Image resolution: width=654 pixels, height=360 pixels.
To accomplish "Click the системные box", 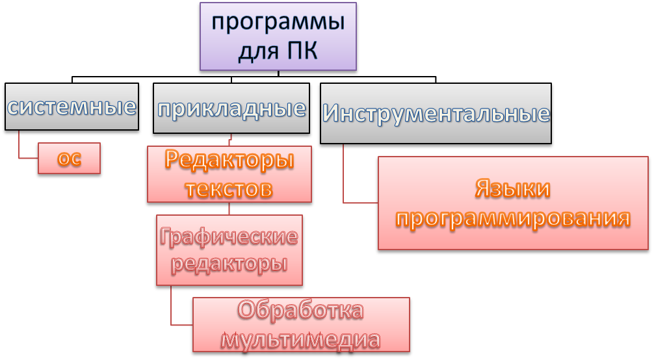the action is tap(72, 107).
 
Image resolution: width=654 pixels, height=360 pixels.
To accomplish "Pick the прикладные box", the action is tap(231, 108).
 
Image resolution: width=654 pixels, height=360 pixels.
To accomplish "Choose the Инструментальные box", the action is tap(436, 114).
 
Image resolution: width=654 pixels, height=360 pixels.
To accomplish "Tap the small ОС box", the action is tap(69, 159).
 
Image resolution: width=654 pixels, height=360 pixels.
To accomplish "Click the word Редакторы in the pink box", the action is tap(229, 160).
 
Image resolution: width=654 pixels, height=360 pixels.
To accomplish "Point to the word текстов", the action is tap(229, 188).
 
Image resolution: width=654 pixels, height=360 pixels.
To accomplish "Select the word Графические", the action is tap(229, 237).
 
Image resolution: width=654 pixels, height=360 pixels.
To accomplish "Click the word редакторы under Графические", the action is tap(229, 264).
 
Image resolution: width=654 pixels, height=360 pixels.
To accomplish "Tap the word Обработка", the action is tap(300, 310).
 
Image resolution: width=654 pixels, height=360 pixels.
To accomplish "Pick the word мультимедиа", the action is tap(300, 339).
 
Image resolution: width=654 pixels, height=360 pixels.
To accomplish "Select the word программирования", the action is tap(512, 218).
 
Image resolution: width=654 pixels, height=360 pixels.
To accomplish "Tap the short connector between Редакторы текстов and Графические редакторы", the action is tap(229, 209).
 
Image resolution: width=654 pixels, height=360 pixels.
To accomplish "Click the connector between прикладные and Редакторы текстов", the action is tap(230, 139).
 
